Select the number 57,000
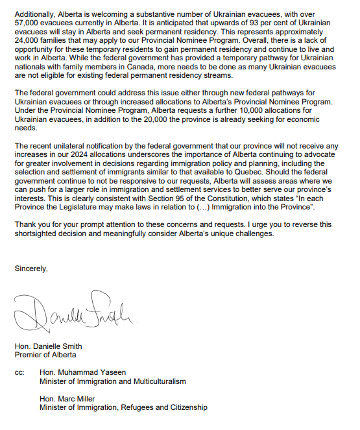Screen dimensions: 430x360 click(x=27, y=23)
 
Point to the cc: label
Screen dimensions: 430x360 click(x=19, y=372)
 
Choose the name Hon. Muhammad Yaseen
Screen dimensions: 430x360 click(x=82, y=372)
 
